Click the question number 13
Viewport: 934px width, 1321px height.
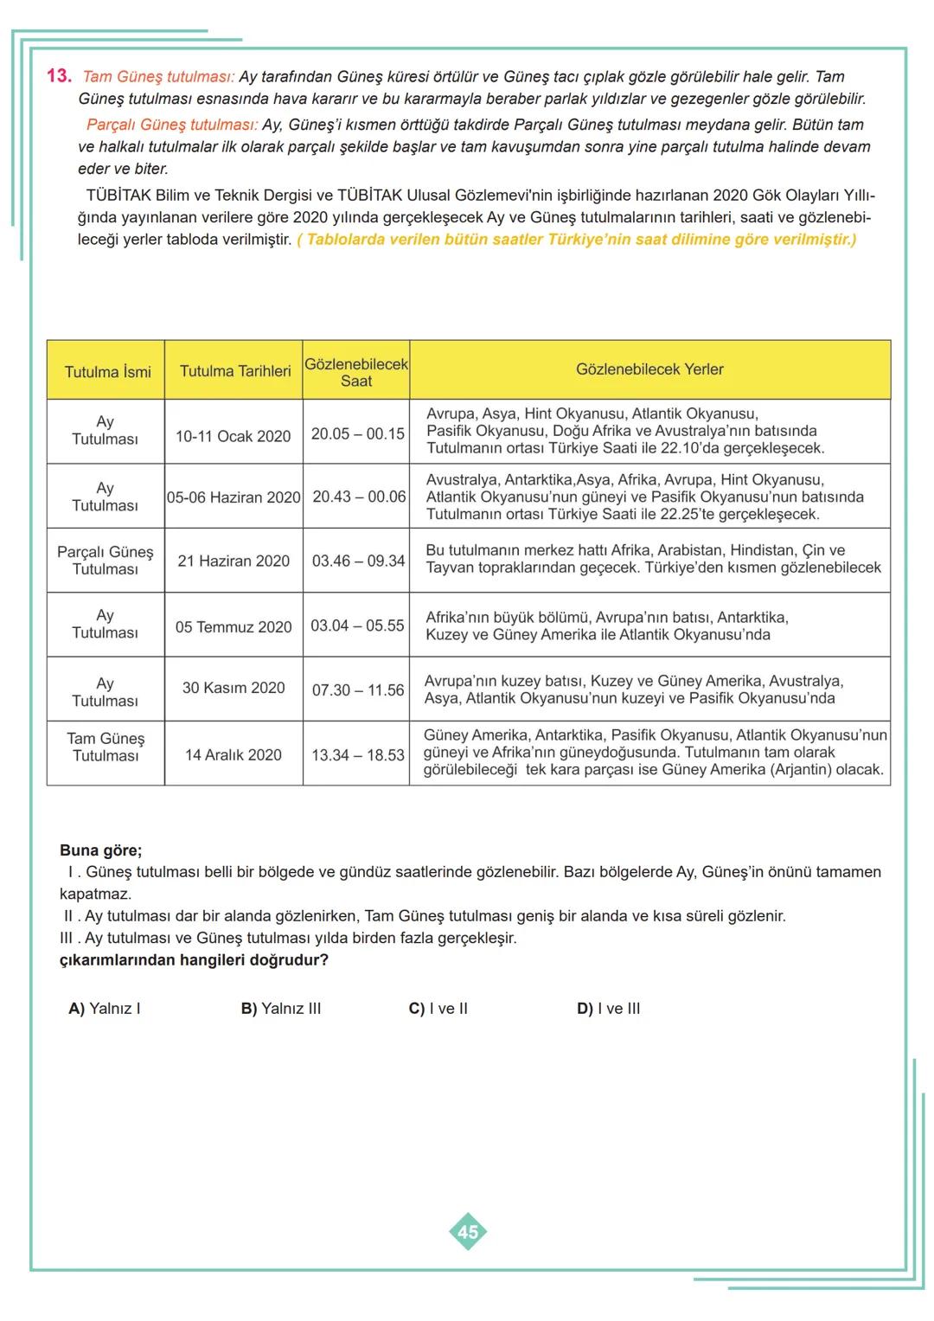(58, 76)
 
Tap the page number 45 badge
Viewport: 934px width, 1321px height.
(468, 1231)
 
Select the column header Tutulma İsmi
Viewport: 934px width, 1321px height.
(107, 372)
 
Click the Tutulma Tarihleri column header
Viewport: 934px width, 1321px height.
(235, 371)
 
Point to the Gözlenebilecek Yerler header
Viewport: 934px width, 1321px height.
(649, 369)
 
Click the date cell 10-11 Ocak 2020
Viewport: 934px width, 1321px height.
(233, 436)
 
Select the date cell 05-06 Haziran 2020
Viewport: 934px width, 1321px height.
(233, 497)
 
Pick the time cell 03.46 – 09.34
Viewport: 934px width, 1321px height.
(358, 561)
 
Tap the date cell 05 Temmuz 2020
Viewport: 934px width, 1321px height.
(233, 626)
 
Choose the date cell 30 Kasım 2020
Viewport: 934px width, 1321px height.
(233, 688)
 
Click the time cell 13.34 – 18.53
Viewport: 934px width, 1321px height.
(358, 755)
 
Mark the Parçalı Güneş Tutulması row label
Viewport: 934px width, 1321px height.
(106, 561)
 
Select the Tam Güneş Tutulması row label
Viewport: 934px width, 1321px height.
(106, 747)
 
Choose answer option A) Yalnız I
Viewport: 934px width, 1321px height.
(105, 1009)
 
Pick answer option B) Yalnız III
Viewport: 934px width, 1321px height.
(281, 1009)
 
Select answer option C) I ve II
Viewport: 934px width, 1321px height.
(438, 1009)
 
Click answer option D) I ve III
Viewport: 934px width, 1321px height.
(609, 1009)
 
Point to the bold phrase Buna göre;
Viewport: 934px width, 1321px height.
(100, 850)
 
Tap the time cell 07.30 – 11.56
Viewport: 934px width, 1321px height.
(358, 690)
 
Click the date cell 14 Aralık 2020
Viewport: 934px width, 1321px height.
(233, 755)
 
